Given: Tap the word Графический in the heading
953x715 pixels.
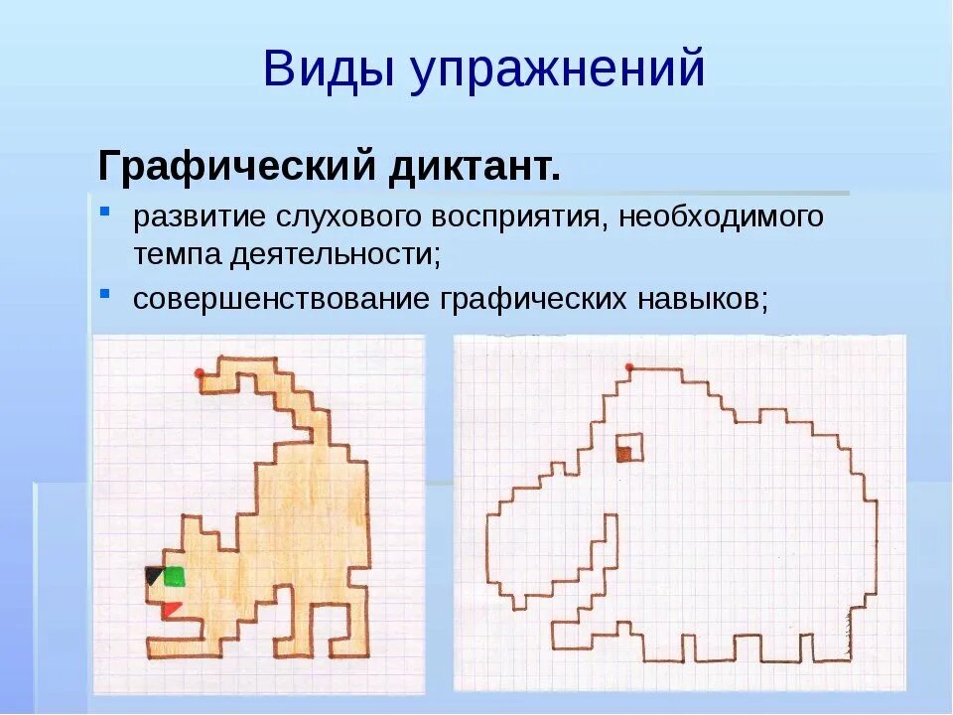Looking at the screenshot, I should (x=234, y=163).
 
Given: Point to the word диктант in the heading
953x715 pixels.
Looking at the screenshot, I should (x=474, y=163).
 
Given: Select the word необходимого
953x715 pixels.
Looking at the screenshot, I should (x=722, y=216).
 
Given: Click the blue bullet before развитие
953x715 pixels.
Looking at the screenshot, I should (x=105, y=214).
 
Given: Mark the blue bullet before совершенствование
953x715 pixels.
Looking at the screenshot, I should (x=105, y=295).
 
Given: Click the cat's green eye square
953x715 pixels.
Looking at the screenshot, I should (x=175, y=576).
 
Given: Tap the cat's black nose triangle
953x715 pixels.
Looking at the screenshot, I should (x=154, y=575).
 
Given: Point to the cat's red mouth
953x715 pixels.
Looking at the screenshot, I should (x=172, y=609).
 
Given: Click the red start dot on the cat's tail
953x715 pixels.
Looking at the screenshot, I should (x=200, y=373).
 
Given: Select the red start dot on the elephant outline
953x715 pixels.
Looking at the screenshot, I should (x=629, y=368).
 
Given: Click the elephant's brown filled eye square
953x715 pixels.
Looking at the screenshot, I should (x=624, y=455).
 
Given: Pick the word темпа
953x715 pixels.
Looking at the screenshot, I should (x=177, y=253).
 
